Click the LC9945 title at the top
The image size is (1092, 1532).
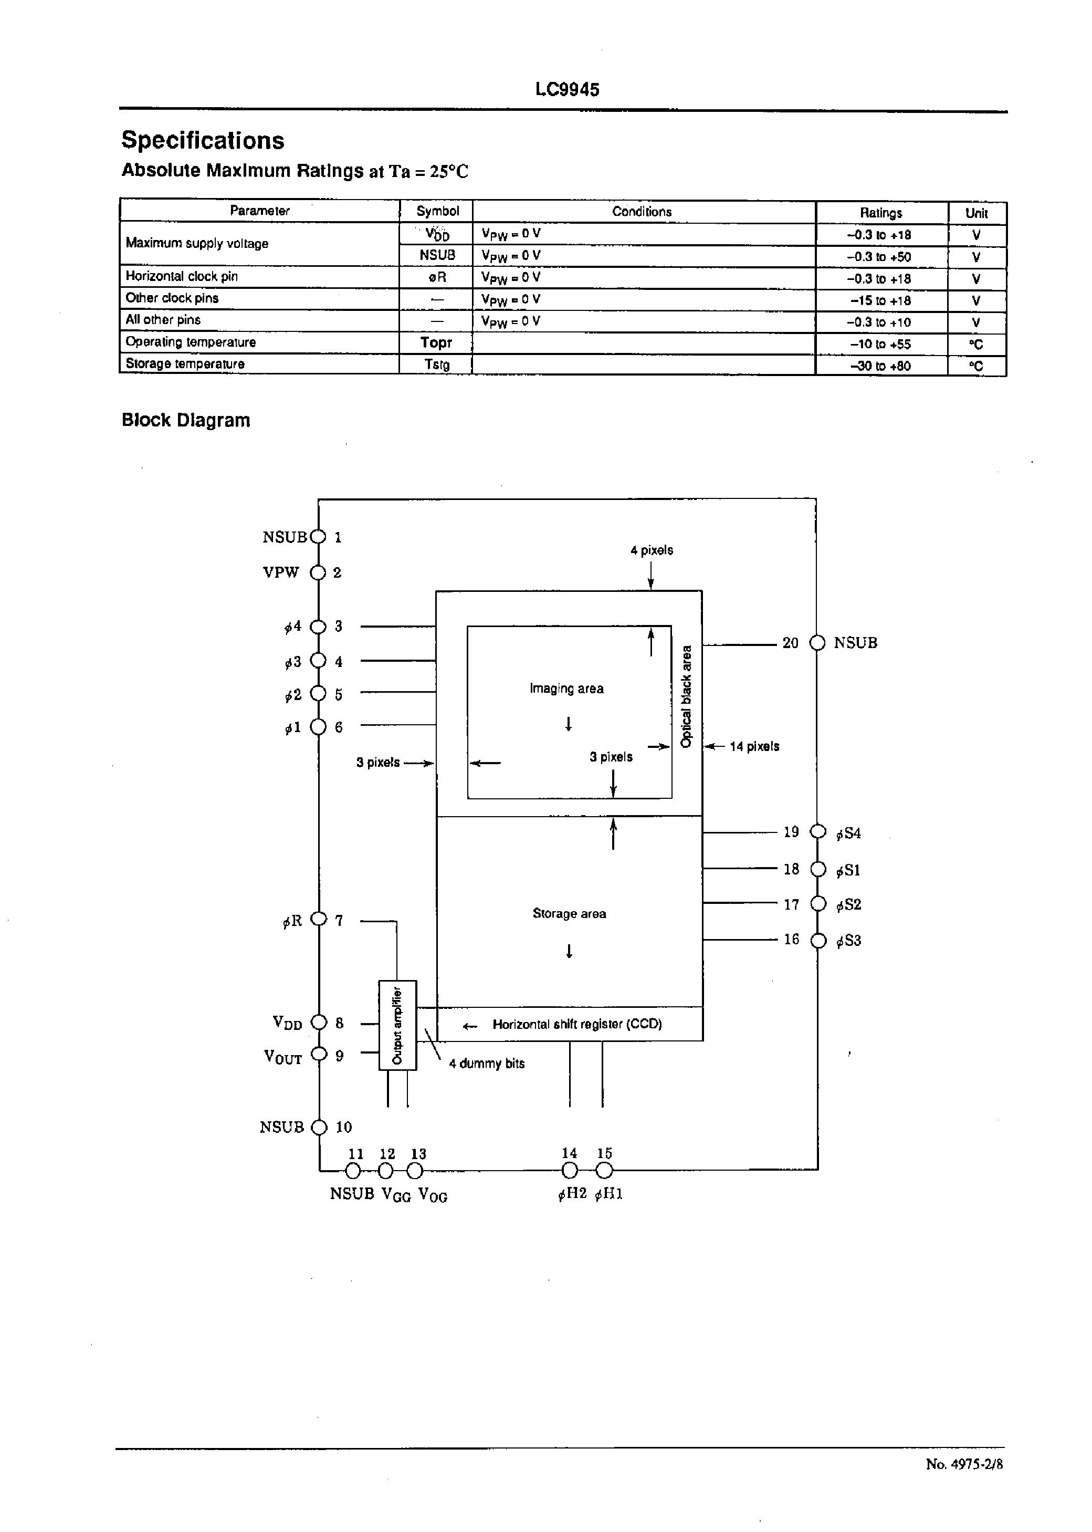(x=567, y=89)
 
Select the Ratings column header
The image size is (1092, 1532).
(x=880, y=213)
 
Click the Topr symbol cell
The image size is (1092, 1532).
(x=436, y=342)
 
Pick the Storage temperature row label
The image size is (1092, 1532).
(x=185, y=364)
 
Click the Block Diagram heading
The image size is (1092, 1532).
(x=185, y=420)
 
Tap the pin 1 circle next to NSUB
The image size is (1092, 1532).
(x=319, y=537)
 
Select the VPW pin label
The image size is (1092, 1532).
(x=280, y=572)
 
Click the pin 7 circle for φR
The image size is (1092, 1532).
(x=319, y=919)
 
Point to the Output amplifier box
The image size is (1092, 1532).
(x=397, y=1025)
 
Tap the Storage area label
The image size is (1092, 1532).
(x=569, y=913)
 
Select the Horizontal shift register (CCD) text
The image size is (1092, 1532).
(x=577, y=1024)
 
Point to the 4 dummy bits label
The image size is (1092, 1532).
(x=486, y=1063)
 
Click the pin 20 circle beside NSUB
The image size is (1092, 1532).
(x=817, y=643)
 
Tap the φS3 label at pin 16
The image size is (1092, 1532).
(x=848, y=941)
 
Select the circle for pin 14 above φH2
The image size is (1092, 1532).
(x=569, y=1171)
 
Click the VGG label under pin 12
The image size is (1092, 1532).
(x=396, y=1194)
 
